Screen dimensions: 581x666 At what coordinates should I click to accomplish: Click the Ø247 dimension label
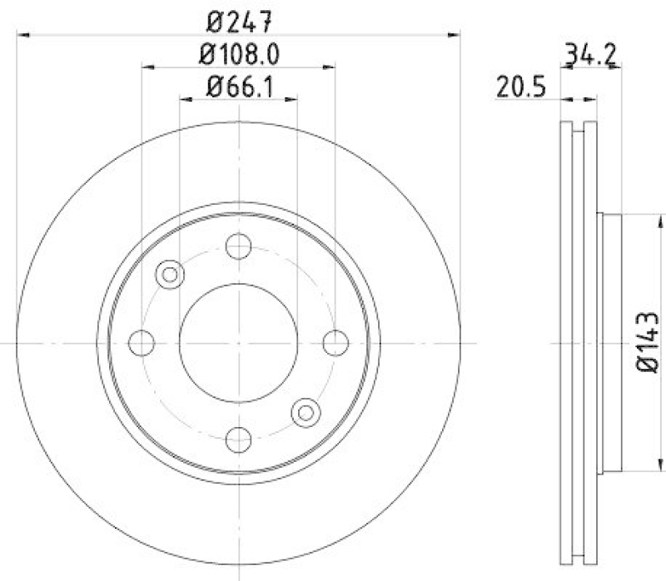point(237,18)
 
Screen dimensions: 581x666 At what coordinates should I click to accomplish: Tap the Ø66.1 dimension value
point(238,85)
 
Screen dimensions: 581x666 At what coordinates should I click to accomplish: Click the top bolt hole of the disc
point(239,246)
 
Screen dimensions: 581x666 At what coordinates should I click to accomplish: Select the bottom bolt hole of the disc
point(239,438)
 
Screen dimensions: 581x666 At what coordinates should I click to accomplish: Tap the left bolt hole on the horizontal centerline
point(142,342)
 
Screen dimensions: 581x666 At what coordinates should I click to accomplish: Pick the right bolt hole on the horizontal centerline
point(335,342)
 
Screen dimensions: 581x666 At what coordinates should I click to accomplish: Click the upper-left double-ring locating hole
point(171,274)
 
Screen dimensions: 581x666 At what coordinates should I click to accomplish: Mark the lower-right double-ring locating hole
point(306,410)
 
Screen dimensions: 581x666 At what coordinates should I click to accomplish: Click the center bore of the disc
point(239,342)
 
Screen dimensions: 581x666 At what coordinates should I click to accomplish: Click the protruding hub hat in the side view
point(609,341)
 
